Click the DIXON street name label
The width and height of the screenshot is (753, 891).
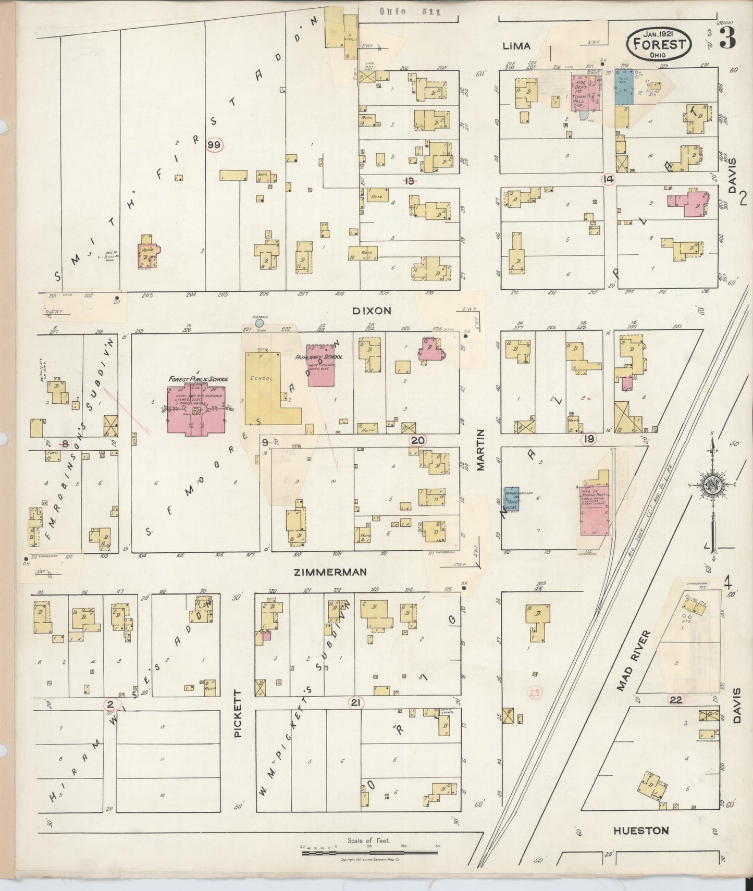pyautogui.click(x=372, y=311)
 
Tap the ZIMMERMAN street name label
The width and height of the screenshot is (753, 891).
pyautogui.click(x=330, y=572)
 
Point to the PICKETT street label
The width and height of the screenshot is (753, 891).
pyautogui.click(x=238, y=713)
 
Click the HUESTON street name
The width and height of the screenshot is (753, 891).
pyautogui.click(x=640, y=831)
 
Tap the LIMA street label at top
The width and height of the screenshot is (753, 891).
pyautogui.click(x=516, y=46)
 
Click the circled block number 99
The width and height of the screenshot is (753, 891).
pyautogui.click(x=214, y=145)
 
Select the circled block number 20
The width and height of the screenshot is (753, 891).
pyautogui.click(x=417, y=440)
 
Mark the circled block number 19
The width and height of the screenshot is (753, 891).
pyautogui.click(x=589, y=439)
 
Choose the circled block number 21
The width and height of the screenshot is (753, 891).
pyautogui.click(x=356, y=703)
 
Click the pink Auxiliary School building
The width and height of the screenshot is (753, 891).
pyautogui.click(x=321, y=366)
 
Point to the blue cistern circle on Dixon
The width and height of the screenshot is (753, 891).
pyautogui.click(x=260, y=323)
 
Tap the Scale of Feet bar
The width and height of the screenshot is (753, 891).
pyautogui.click(x=369, y=853)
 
